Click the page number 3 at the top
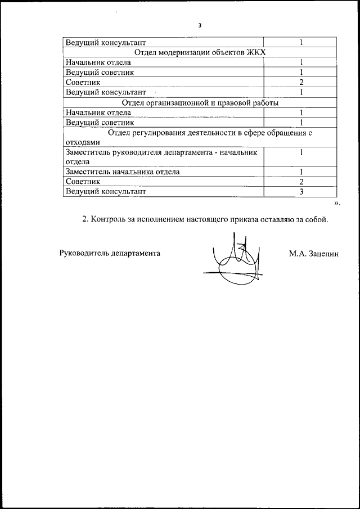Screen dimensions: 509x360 [199, 26]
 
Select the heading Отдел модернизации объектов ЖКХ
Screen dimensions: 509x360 [200, 52]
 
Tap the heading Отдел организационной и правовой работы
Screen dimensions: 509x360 [200, 103]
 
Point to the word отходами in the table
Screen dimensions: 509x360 [82, 142]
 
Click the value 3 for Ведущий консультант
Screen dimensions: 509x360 [301, 192]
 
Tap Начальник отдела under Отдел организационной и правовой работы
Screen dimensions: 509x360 [98, 112]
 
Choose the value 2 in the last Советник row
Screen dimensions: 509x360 [301, 182]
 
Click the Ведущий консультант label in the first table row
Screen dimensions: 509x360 [105, 42]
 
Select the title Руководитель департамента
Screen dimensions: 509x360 [110, 253]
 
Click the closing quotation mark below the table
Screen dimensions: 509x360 [336, 202]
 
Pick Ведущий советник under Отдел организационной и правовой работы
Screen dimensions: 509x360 [100, 123]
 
